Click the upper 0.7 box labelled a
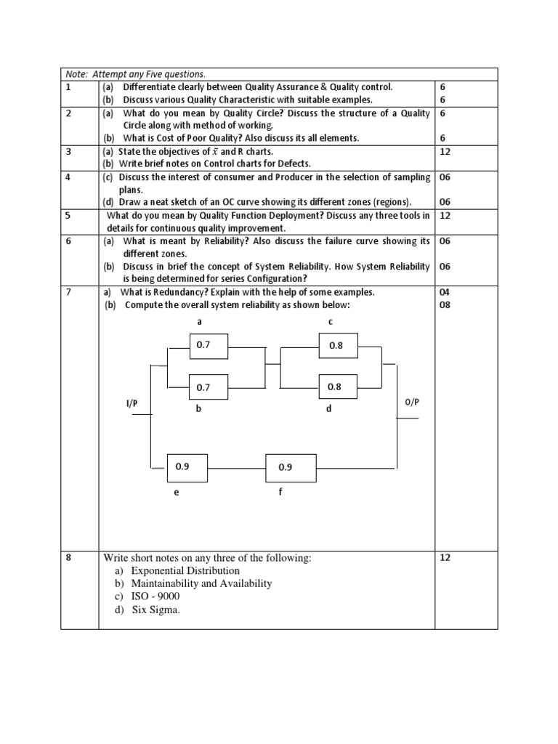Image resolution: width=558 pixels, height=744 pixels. (x=209, y=347)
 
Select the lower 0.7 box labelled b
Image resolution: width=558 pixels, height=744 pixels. (x=209, y=387)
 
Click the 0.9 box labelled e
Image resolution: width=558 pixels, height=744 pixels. (x=187, y=467)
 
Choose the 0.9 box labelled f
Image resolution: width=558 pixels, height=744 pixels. (x=291, y=467)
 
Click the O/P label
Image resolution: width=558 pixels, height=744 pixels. (x=411, y=402)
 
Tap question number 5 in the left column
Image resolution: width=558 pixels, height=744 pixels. (x=68, y=216)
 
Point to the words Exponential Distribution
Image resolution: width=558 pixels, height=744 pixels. (x=185, y=571)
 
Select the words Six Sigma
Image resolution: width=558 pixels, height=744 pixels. (x=155, y=610)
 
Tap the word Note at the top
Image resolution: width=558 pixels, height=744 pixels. (x=76, y=74)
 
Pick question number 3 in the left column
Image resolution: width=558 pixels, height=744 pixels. (x=68, y=151)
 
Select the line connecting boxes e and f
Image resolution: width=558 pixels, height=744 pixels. (x=237, y=468)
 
